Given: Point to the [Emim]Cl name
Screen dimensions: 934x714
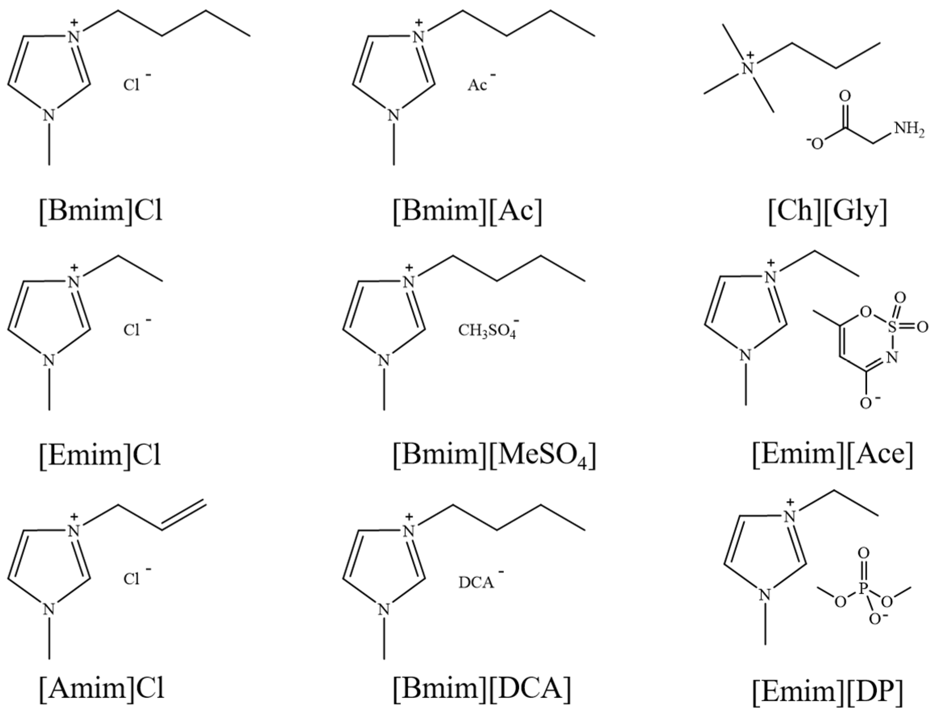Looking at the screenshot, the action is (x=100, y=455).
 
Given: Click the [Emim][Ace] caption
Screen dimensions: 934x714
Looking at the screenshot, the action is (x=833, y=455).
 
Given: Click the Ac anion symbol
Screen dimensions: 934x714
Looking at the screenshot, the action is (x=477, y=85).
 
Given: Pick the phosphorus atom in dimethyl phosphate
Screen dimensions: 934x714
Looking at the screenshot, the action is (x=863, y=589).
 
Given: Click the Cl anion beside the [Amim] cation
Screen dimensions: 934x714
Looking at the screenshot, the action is (x=132, y=579).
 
